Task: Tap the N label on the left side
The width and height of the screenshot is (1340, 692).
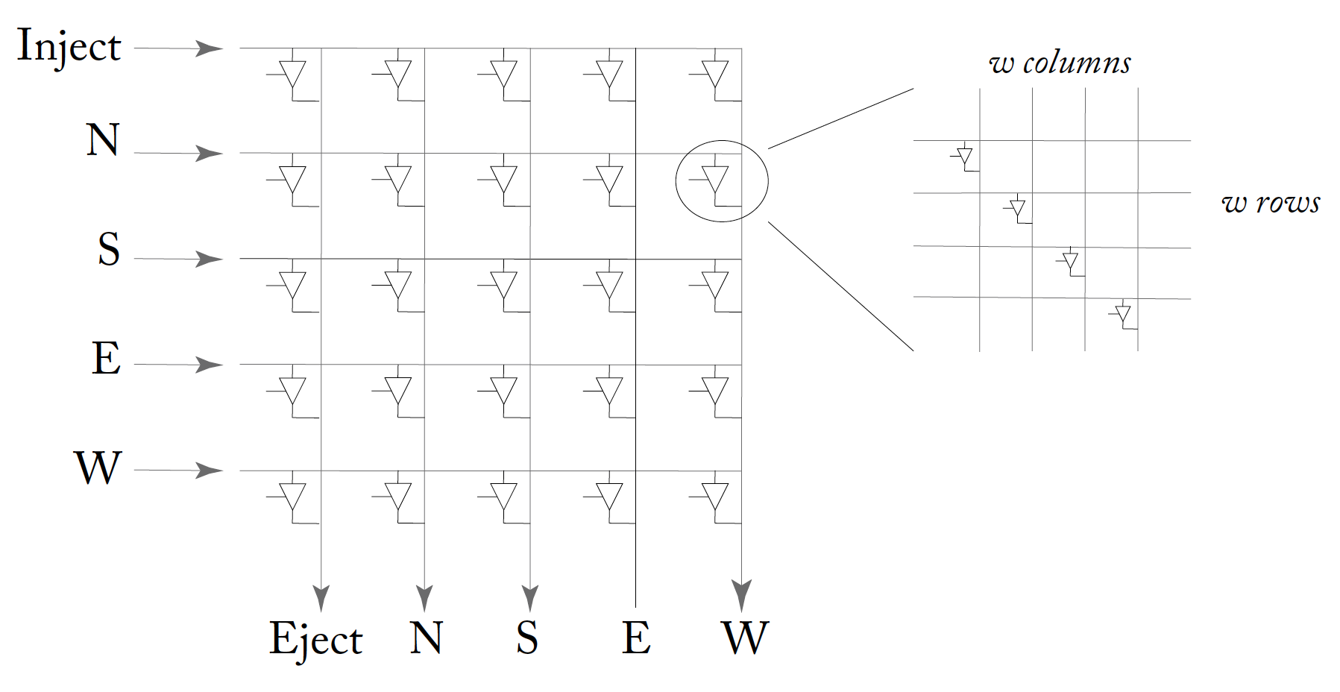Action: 102,140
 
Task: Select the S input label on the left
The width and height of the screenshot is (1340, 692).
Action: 108,249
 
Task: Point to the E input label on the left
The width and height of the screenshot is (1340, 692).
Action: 106,358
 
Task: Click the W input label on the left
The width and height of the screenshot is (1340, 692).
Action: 98,468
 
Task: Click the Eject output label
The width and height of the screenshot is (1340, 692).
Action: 315,640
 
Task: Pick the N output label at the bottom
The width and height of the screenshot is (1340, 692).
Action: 426,638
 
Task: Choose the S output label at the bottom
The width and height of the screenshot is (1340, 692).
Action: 526,638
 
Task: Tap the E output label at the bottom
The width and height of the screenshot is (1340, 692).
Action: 636,638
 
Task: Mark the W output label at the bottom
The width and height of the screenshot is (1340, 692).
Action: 745,638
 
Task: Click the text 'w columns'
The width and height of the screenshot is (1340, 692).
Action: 1060,64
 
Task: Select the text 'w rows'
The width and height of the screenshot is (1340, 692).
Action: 1271,203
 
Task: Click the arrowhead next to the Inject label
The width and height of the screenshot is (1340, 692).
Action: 208,48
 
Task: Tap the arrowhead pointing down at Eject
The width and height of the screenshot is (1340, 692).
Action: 321,597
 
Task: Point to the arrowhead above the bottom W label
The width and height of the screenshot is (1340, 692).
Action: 741,595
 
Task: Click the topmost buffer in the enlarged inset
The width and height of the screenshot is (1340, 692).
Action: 966,157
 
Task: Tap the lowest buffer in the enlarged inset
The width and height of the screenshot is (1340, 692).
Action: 1124,314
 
